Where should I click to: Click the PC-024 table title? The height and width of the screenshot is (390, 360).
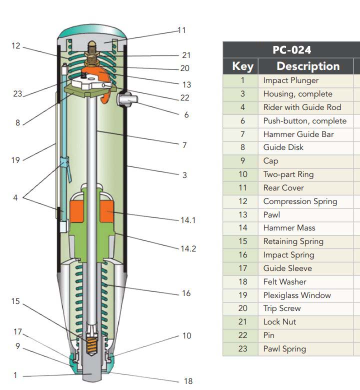point(291,50)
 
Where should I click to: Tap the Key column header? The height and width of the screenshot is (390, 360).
point(242,66)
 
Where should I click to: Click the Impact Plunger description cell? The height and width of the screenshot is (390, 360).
point(290,80)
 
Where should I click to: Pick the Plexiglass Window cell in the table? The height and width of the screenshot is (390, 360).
point(297,295)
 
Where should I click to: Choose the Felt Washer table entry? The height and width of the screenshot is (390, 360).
point(284,281)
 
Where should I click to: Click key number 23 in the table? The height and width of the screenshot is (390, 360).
point(242,348)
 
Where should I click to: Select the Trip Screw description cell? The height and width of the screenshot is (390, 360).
point(282,308)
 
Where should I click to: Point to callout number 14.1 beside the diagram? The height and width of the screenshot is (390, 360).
point(188,220)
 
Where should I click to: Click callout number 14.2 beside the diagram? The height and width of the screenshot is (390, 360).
point(188,248)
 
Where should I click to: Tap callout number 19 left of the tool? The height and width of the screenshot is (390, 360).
point(15,160)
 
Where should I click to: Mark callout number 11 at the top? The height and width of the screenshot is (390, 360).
point(181,30)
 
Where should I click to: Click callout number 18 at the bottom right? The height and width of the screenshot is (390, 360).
point(188,381)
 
